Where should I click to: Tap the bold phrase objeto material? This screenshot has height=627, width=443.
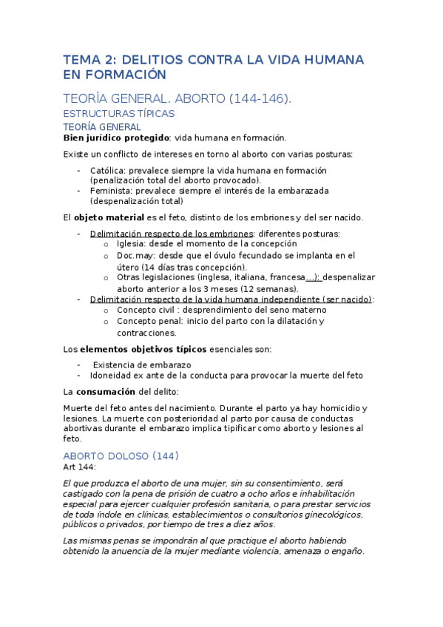click(x=109, y=217)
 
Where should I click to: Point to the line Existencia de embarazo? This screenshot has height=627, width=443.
click(x=142, y=365)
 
